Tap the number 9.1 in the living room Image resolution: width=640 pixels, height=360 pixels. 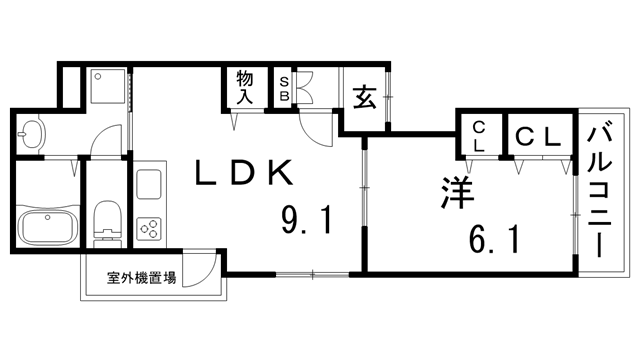coord(304,217)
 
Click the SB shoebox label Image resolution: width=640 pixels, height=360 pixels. coord(284,88)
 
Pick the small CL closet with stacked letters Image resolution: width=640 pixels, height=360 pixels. coord(479,135)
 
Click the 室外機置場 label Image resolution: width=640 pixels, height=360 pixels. coord(142,277)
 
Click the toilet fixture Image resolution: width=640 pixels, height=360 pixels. coord(103,222)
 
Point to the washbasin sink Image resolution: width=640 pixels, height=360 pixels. coord(32,133)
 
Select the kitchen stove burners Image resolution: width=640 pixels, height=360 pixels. coord(150,229)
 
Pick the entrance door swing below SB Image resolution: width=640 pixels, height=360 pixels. coord(315,128)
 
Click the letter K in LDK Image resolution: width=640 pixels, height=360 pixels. coord(279,173)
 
